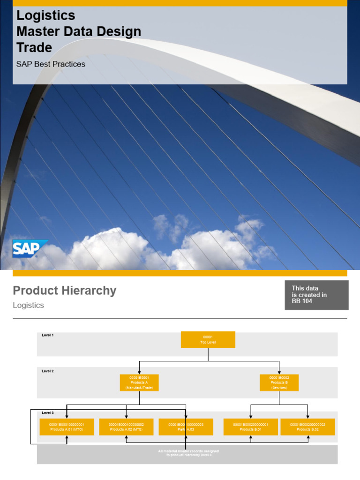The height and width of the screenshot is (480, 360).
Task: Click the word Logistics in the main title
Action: click(x=45, y=15)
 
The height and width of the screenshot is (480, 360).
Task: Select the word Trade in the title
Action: click(x=34, y=47)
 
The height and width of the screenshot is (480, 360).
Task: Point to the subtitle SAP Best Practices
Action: click(x=51, y=64)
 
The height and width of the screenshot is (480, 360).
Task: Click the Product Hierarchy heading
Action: click(x=64, y=291)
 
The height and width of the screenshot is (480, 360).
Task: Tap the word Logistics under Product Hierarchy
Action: click(x=28, y=305)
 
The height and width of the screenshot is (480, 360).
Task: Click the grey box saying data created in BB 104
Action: click(x=316, y=295)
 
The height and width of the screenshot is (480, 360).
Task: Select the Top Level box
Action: click(x=208, y=339)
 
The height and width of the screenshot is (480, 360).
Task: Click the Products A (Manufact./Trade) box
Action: click(x=139, y=382)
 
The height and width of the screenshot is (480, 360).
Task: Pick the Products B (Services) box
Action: click(x=279, y=382)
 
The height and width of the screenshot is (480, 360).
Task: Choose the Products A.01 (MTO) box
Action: click(x=67, y=427)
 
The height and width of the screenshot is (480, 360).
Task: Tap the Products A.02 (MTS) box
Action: click(x=126, y=427)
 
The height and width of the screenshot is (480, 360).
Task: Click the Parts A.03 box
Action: click(x=186, y=427)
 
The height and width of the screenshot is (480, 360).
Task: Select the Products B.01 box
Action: click(x=250, y=427)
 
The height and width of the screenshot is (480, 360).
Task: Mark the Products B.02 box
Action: click(x=307, y=427)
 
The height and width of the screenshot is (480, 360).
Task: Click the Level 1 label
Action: click(x=48, y=335)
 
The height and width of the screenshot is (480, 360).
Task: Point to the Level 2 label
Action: click(x=48, y=371)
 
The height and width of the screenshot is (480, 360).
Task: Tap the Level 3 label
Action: click(x=48, y=413)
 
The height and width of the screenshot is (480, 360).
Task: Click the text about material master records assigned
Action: click(x=188, y=453)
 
